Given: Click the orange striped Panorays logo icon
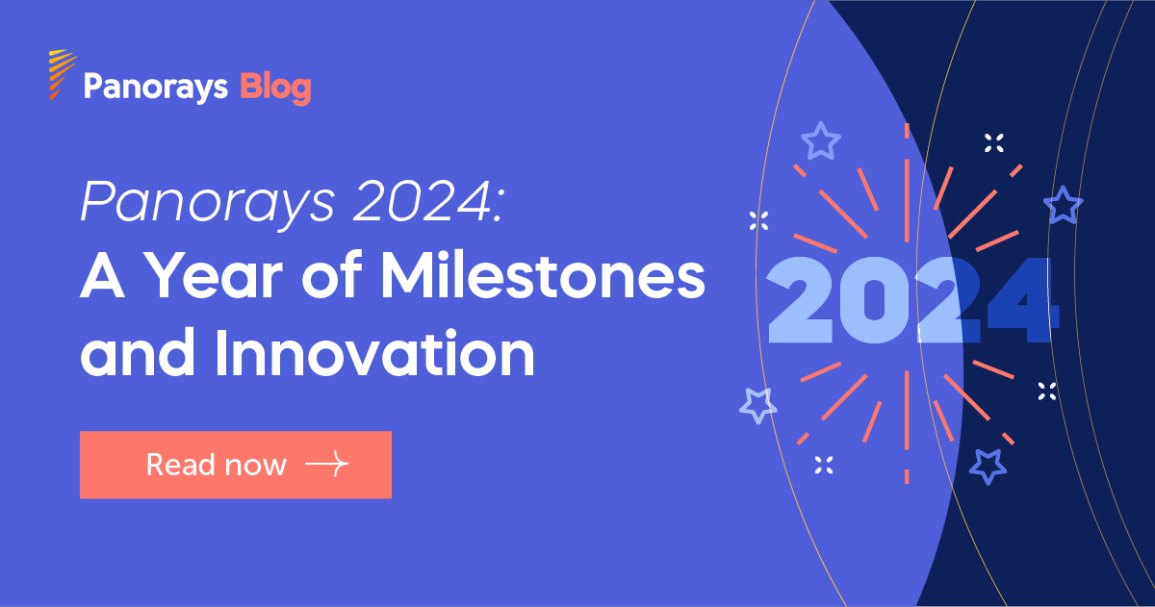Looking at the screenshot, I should pyautogui.click(x=62, y=74).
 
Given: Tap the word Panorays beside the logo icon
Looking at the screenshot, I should pyautogui.click(x=155, y=88).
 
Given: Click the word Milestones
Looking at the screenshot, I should pyautogui.click(x=544, y=278).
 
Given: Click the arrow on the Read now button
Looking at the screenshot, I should pyautogui.click(x=326, y=466).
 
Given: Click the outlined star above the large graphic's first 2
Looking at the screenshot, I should pyautogui.click(x=820, y=141).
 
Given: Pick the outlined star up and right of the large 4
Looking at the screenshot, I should pyautogui.click(x=1063, y=205).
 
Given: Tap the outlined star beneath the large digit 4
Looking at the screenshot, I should pyautogui.click(x=988, y=466).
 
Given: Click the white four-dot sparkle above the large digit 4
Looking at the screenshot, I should pyautogui.click(x=994, y=144).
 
